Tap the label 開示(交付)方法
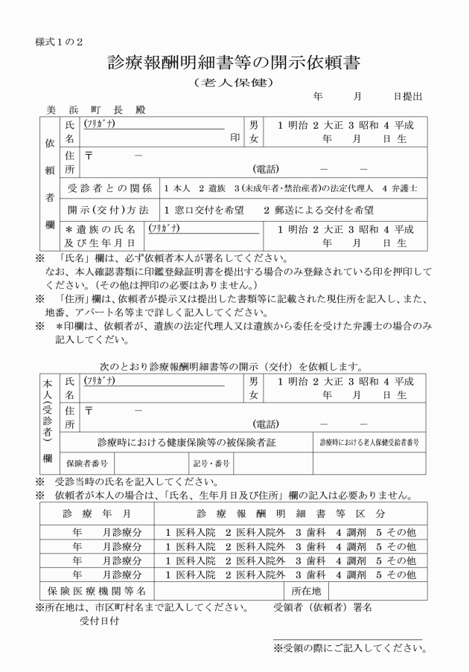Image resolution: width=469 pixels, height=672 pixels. pyautogui.click(x=109, y=210)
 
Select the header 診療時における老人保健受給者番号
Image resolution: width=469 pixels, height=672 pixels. pyautogui.click(x=369, y=442)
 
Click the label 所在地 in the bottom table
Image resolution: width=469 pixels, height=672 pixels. pyautogui.click(x=327, y=591)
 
